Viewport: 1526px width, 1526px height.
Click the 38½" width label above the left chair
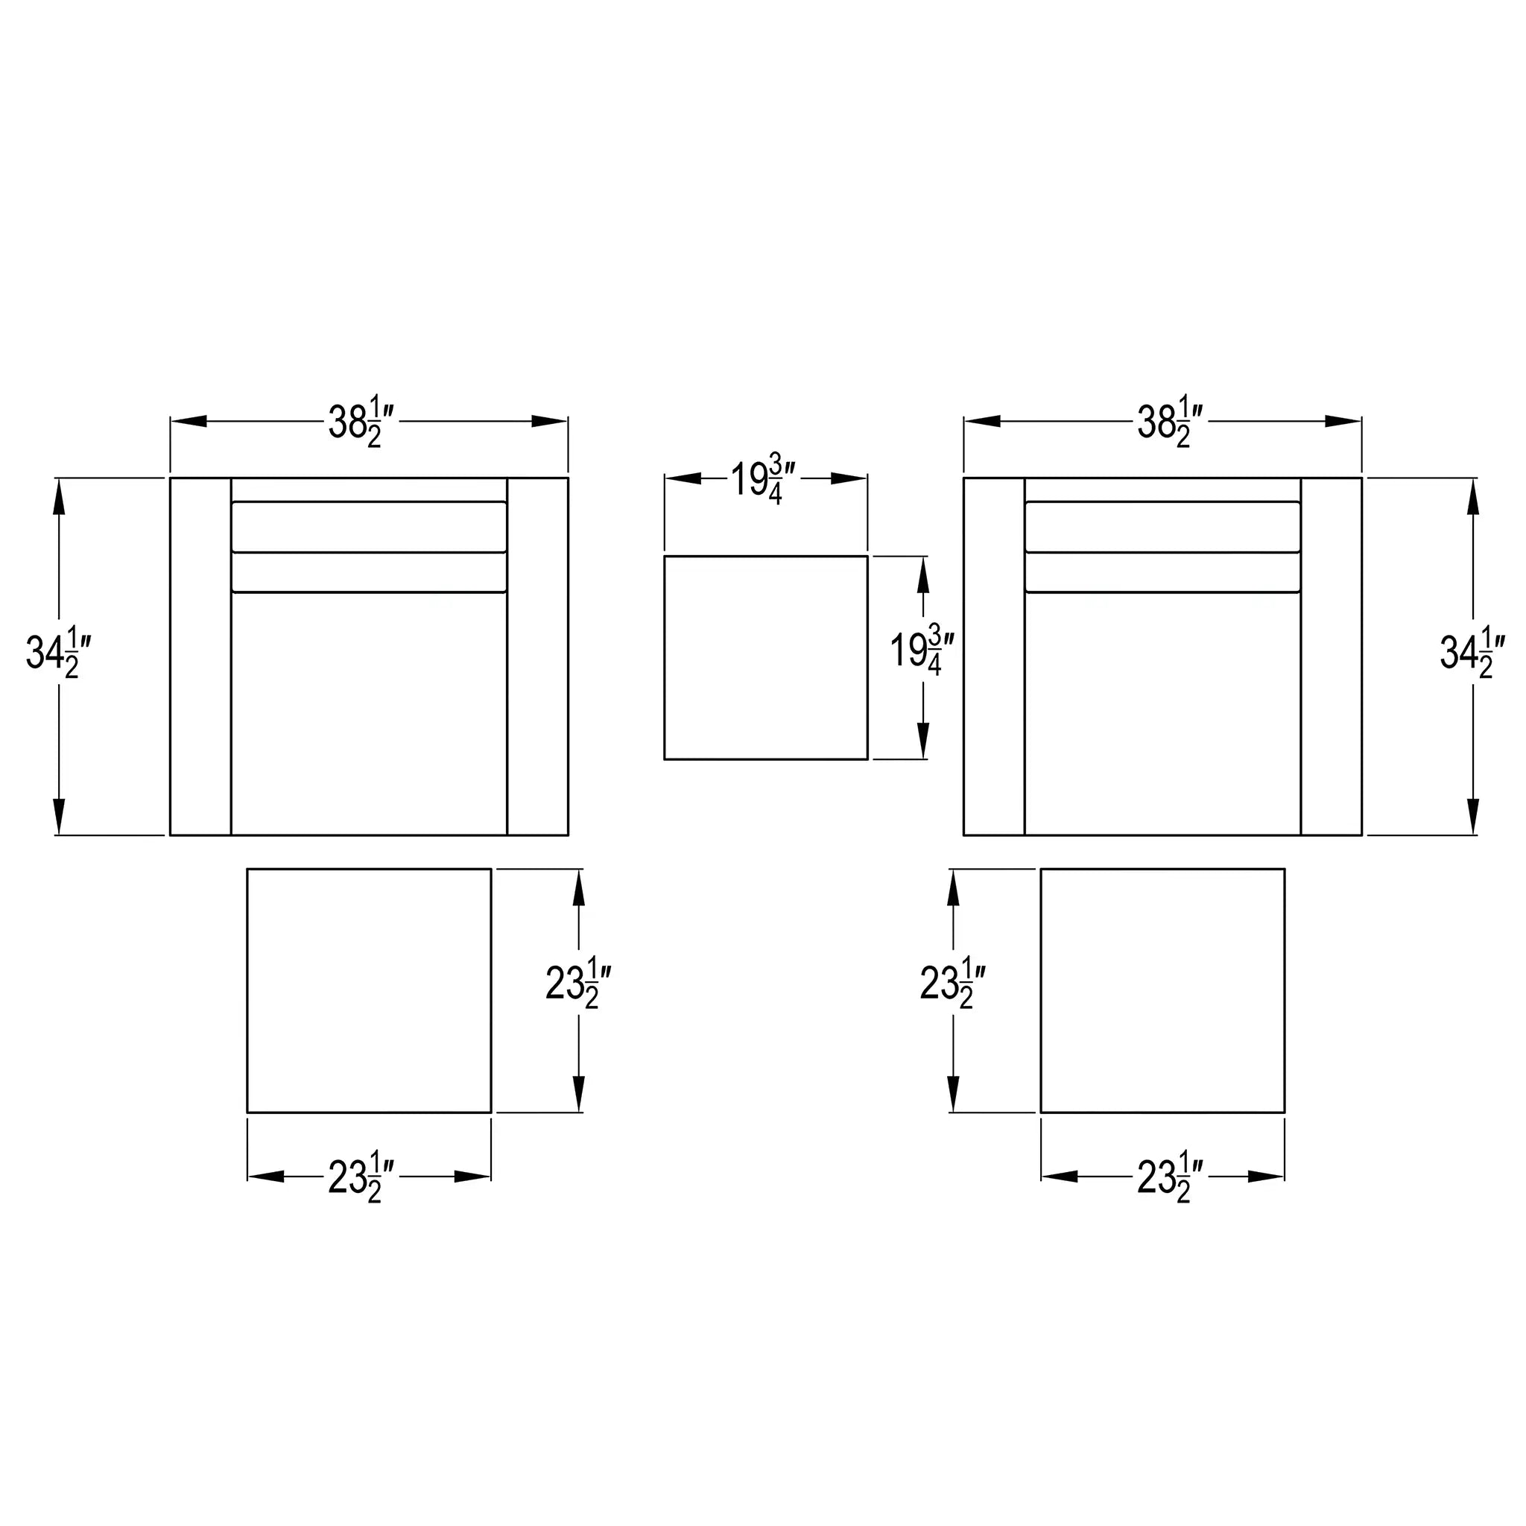[x=361, y=422]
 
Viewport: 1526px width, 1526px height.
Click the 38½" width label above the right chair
[x=1171, y=422]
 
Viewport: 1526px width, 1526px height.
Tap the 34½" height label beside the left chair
[x=60, y=653]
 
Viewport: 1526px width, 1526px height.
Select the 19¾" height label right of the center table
[x=922, y=650]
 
